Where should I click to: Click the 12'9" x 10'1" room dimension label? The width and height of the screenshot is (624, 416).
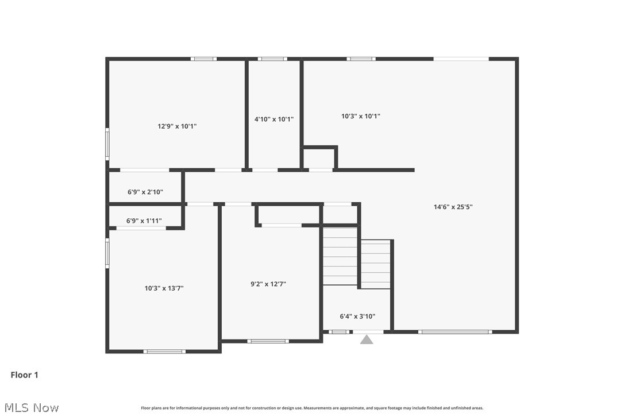177,126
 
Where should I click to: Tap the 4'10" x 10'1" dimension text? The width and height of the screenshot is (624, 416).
274,120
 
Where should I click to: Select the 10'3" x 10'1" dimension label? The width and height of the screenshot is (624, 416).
361,116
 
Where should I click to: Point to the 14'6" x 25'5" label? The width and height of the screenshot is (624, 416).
453,207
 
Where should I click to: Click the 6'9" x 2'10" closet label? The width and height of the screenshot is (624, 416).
145,192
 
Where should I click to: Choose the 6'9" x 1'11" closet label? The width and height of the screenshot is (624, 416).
144,221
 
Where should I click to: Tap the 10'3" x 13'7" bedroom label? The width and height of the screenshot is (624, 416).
164,288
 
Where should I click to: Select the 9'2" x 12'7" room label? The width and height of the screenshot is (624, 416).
268,284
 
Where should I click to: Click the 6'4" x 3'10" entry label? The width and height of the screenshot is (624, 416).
357,316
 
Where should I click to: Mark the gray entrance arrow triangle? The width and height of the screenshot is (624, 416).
367,340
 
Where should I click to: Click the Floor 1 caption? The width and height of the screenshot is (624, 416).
25,375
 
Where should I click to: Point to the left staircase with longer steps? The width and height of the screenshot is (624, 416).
340,256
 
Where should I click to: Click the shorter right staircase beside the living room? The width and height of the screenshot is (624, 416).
375,264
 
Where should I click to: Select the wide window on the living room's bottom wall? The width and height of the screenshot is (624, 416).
454,332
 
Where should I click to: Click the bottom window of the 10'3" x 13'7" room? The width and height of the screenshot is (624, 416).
164,351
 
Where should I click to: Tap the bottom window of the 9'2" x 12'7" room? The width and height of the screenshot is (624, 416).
268,341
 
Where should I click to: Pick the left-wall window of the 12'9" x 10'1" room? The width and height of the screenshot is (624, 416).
107,144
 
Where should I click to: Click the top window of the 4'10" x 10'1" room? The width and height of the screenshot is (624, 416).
272,59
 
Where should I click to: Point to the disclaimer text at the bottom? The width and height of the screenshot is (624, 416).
312,408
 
